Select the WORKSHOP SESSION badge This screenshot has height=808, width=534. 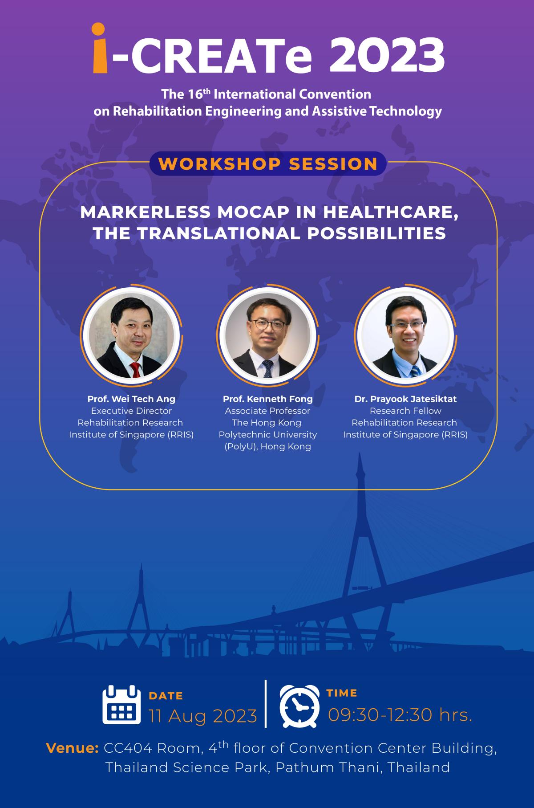point(268,163)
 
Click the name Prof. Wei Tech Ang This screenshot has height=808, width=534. point(131,399)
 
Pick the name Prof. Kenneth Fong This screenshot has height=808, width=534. point(268,399)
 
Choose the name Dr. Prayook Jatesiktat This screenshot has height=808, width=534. point(405,399)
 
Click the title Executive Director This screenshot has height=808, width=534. point(131,411)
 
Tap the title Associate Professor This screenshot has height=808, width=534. point(267,411)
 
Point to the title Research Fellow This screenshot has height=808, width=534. point(405,411)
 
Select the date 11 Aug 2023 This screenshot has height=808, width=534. point(203,716)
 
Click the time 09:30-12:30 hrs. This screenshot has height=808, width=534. point(400,715)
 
